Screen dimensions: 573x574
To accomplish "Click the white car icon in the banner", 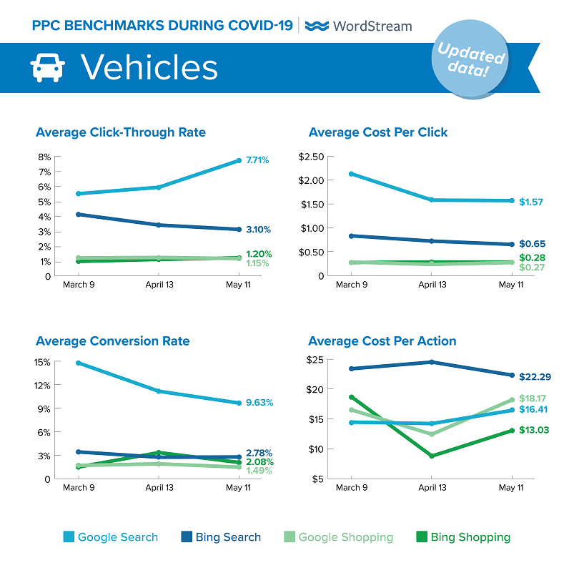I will [48, 68].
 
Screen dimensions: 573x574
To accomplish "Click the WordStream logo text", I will [359, 26].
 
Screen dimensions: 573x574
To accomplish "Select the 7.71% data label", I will [257, 160].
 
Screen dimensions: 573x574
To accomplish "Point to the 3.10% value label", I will [257, 230].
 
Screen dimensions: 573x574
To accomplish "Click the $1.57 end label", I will [531, 202].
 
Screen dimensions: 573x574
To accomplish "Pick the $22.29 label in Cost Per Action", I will [535, 376].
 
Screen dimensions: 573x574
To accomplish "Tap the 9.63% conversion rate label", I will [259, 402].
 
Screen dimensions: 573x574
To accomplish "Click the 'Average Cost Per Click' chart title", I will [378, 132].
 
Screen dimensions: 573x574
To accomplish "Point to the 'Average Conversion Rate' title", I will [112, 341].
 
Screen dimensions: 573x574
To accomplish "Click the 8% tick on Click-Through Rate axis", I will [44, 157].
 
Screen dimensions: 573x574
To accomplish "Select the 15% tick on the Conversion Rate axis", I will [41, 362].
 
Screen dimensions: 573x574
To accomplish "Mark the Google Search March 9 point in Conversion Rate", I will [77, 363].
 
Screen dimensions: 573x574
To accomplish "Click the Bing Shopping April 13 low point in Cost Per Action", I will [431, 456].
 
